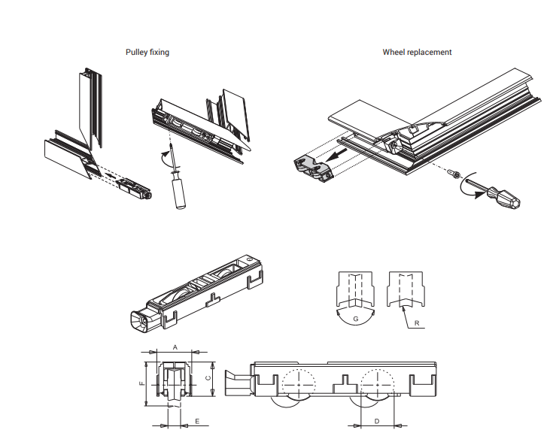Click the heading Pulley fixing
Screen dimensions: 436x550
coord(147,53)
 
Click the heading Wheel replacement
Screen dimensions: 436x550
coord(417,53)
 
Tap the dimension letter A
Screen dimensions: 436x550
coord(175,347)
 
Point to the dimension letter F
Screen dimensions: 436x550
coord(141,383)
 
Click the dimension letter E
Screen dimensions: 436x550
coord(197,422)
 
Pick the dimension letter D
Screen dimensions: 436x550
coord(376,421)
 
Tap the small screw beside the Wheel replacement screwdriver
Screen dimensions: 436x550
coord(454,174)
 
